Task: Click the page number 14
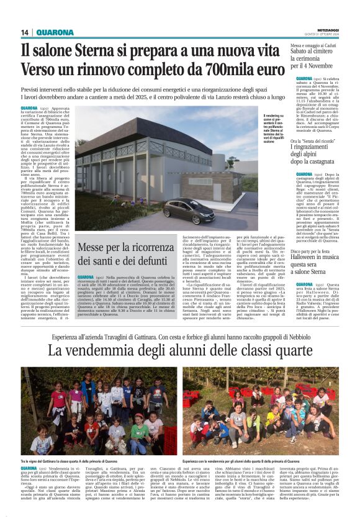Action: [x=25, y=32]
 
